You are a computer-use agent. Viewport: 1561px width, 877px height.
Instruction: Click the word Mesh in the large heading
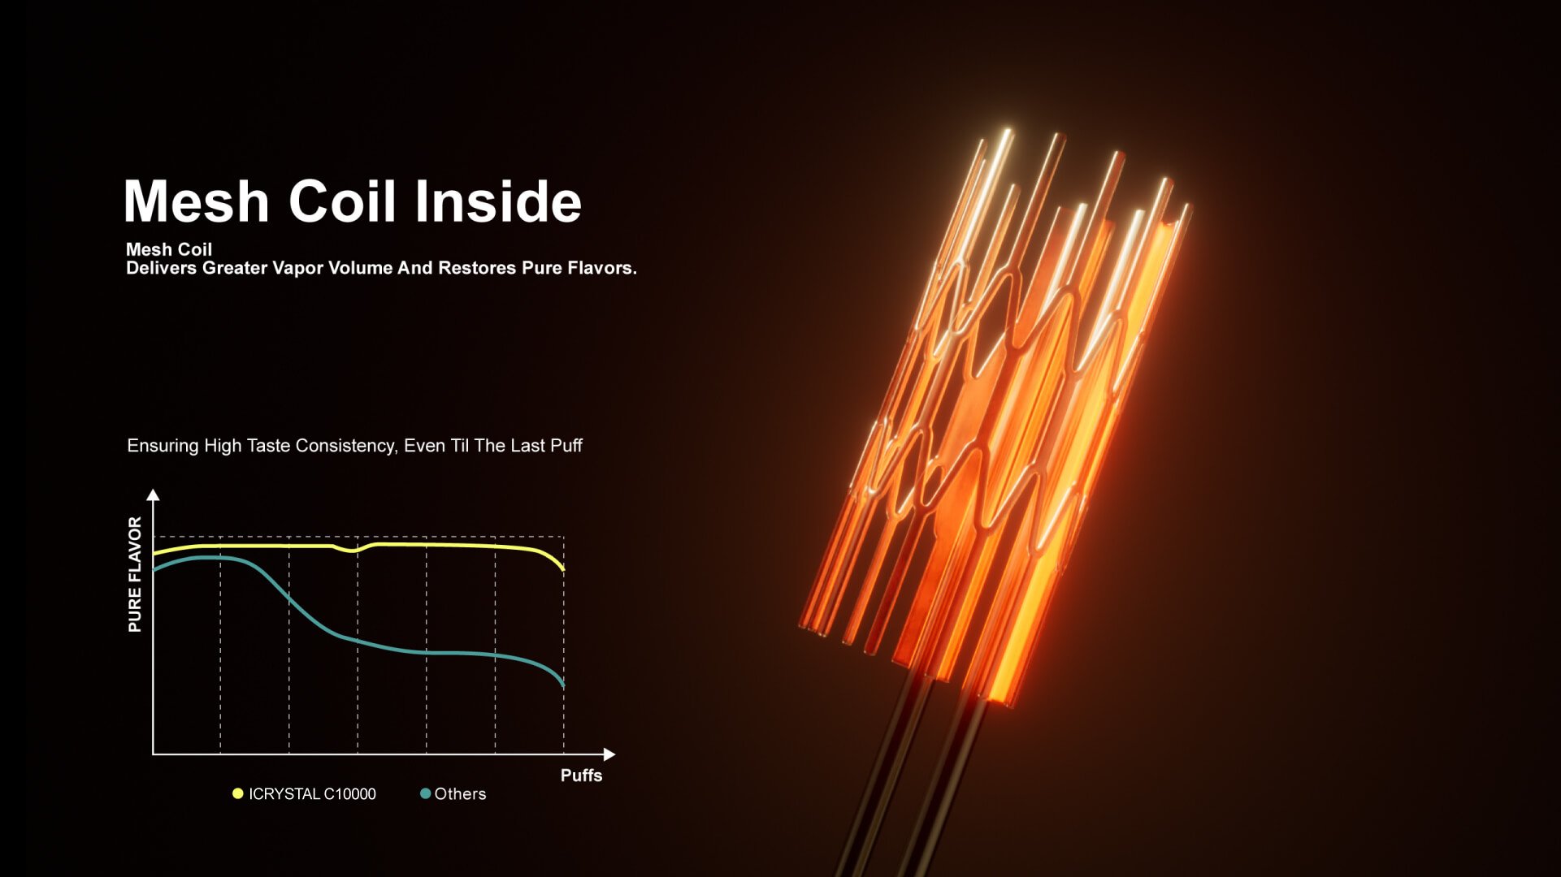click(x=196, y=201)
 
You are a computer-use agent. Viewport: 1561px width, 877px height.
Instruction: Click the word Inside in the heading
click(x=498, y=201)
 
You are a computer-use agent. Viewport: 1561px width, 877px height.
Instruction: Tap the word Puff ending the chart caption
click(x=566, y=446)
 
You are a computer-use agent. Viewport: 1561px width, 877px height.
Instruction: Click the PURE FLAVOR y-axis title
click(x=135, y=574)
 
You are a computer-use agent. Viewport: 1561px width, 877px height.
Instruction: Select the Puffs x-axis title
click(x=581, y=775)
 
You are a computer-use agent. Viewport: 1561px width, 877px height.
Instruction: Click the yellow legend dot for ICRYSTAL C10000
click(x=238, y=793)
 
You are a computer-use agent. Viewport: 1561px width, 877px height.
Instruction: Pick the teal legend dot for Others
click(x=425, y=793)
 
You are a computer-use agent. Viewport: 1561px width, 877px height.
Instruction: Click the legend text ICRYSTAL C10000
click(x=312, y=794)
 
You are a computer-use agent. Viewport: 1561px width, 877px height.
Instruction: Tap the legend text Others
click(x=460, y=794)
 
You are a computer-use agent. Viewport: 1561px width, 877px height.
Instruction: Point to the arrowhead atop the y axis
click(x=153, y=495)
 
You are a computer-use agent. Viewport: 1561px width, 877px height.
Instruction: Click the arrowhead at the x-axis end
click(x=609, y=754)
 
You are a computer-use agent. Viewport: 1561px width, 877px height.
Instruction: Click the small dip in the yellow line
click(x=351, y=551)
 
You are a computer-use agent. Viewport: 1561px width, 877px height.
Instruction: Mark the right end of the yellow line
click(x=563, y=569)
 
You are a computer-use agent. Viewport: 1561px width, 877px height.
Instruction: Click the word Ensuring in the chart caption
click(x=163, y=447)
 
